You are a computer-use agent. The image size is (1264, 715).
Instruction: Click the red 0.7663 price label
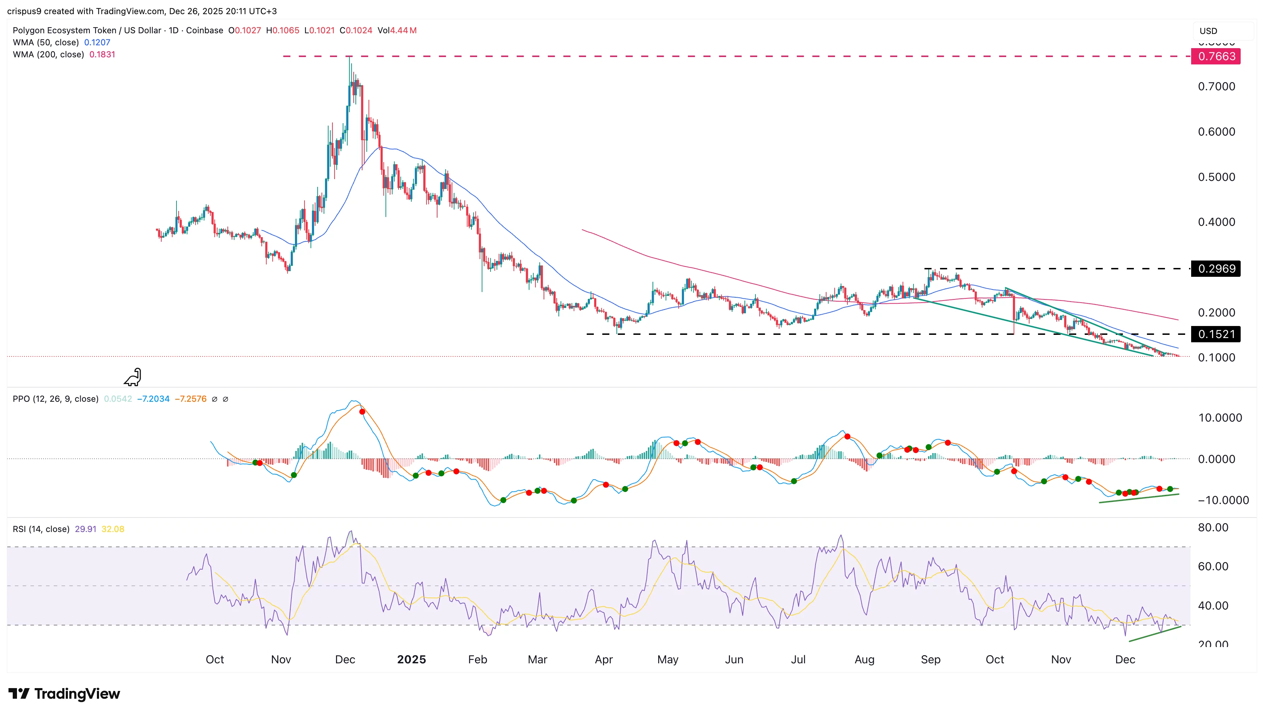click(1216, 57)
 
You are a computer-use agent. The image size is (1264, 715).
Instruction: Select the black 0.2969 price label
click(1216, 269)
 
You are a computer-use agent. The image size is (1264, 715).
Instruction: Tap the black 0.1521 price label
click(1216, 334)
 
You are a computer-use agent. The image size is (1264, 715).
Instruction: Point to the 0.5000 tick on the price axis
click(1216, 177)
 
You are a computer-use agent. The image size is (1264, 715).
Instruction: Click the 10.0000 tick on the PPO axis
click(1220, 418)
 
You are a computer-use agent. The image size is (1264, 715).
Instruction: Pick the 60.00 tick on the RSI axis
click(1213, 566)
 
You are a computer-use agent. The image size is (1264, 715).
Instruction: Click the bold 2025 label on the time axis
click(411, 659)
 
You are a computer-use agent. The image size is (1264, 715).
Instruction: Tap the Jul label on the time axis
click(798, 659)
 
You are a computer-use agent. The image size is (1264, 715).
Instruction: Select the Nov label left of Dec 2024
click(281, 659)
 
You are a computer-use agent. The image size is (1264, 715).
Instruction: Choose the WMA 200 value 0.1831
click(102, 55)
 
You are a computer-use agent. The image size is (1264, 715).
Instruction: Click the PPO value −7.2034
click(153, 399)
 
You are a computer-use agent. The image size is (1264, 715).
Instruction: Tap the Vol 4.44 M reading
click(397, 30)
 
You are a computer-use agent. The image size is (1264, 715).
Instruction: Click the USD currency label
click(1208, 31)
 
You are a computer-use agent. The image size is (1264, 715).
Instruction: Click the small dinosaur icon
click(133, 377)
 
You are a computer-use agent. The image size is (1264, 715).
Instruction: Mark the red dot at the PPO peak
click(362, 412)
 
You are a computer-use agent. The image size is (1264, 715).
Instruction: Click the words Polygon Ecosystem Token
click(64, 30)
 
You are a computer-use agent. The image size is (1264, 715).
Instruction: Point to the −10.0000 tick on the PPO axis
click(1223, 500)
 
